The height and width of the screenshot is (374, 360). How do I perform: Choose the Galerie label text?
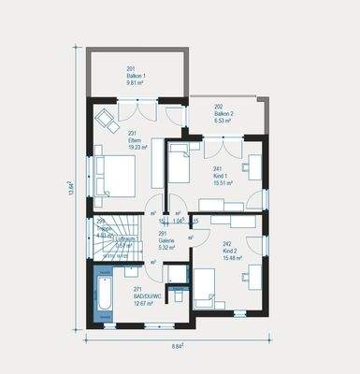pyautogui.click(x=168, y=243)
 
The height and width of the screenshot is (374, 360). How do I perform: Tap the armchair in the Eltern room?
pyautogui.click(x=104, y=119)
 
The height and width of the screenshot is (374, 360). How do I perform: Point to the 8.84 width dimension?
pyautogui.click(x=177, y=347)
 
